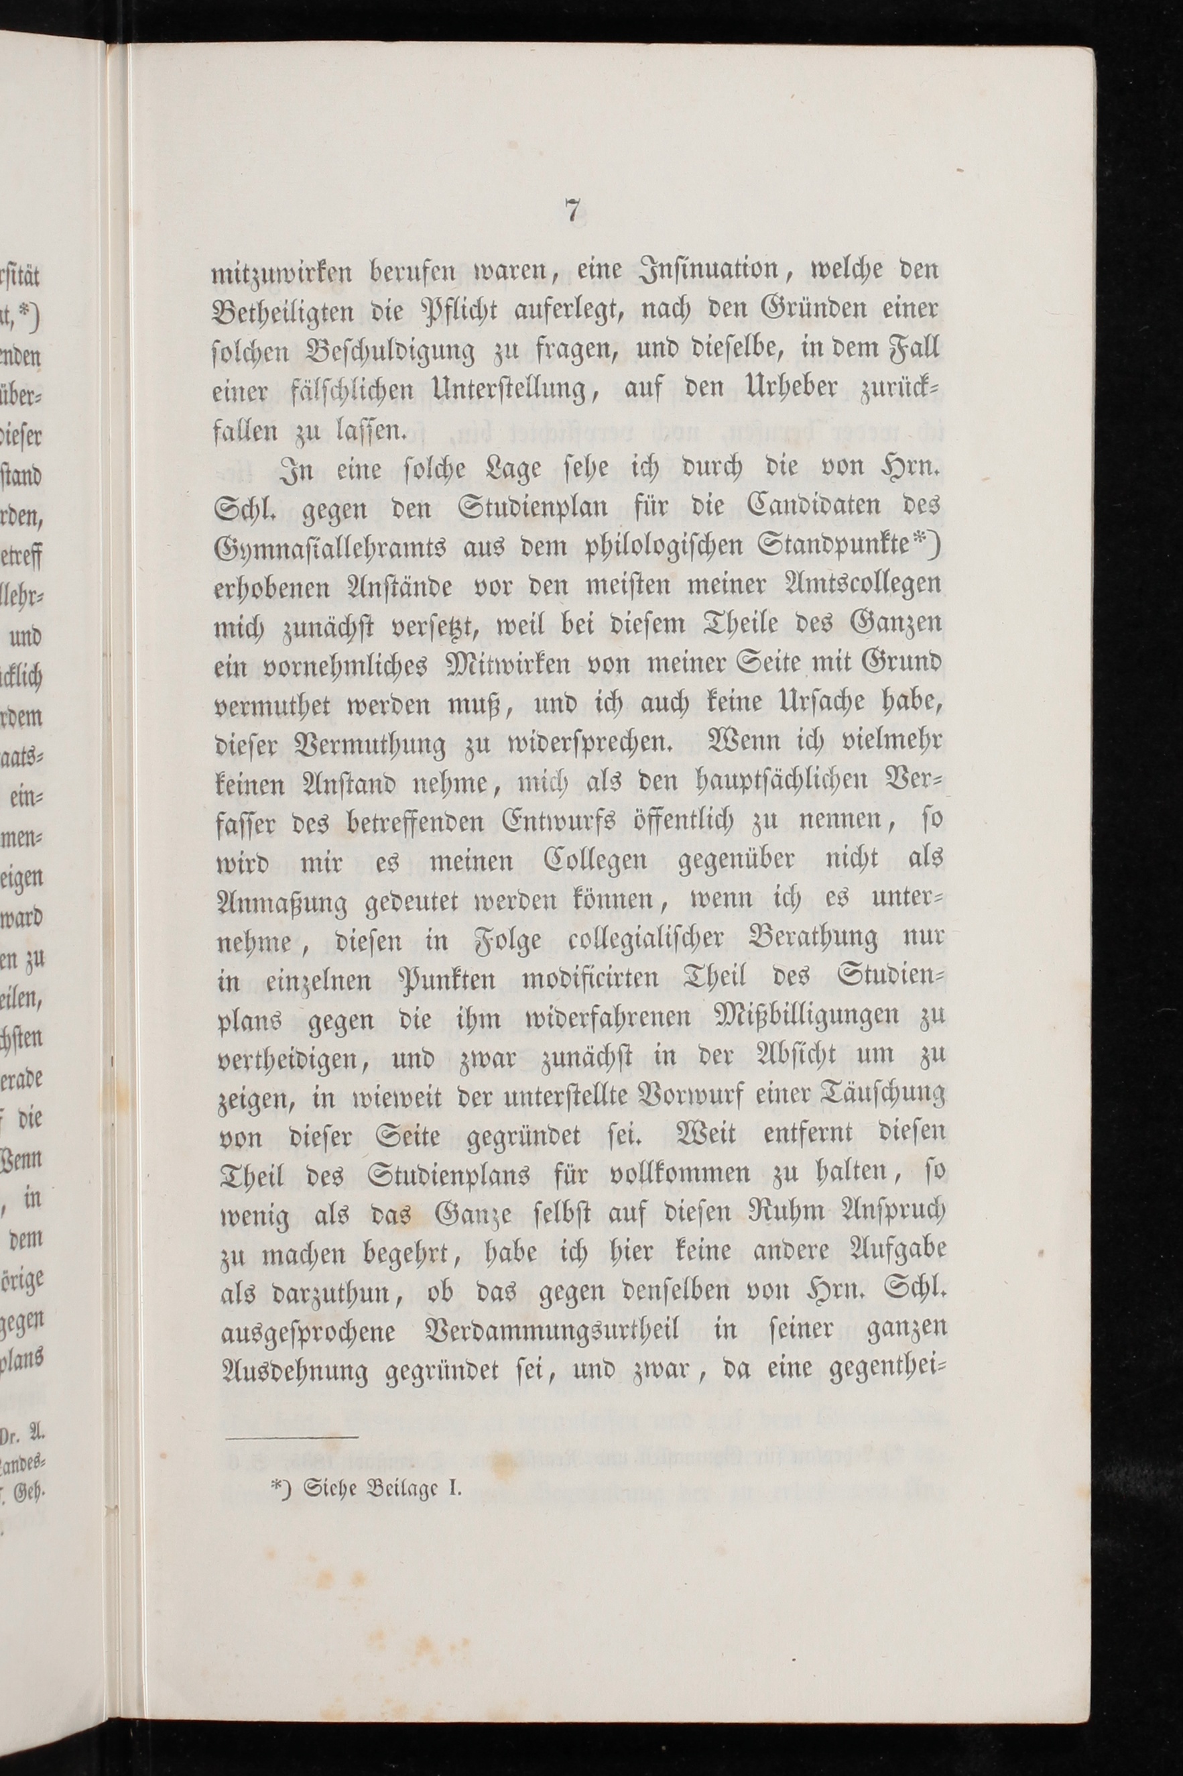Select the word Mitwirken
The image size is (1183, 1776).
pos(488,665)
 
